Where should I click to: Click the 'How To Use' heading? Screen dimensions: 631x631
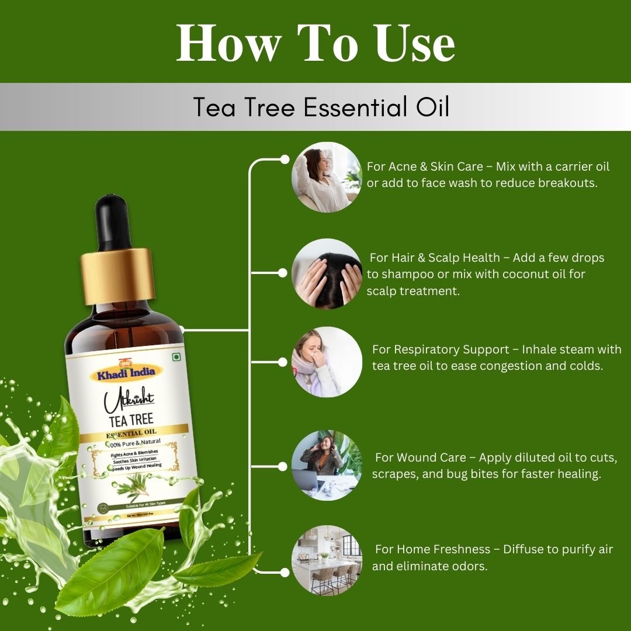[315, 44]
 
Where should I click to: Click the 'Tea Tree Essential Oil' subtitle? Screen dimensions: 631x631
[321, 107]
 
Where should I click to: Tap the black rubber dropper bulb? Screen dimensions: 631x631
[113, 222]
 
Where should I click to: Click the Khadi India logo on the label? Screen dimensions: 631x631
[126, 372]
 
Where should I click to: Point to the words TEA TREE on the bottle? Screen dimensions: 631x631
[130, 419]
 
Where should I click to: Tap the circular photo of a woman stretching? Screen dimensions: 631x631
[327, 176]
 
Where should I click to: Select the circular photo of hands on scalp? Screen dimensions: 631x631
[327, 273]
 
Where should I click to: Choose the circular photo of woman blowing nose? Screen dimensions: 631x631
[327, 362]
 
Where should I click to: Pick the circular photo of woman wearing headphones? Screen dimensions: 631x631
[327, 465]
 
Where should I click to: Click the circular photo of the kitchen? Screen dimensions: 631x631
[327, 560]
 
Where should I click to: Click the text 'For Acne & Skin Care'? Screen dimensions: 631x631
[425, 167]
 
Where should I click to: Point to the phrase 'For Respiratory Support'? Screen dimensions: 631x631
[441, 349]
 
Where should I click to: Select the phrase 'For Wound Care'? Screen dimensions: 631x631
[421, 457]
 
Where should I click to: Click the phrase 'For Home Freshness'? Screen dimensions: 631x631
[432, 549]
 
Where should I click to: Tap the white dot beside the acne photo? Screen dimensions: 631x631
[285, 159]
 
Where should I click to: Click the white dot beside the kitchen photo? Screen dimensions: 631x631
[285, 571]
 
